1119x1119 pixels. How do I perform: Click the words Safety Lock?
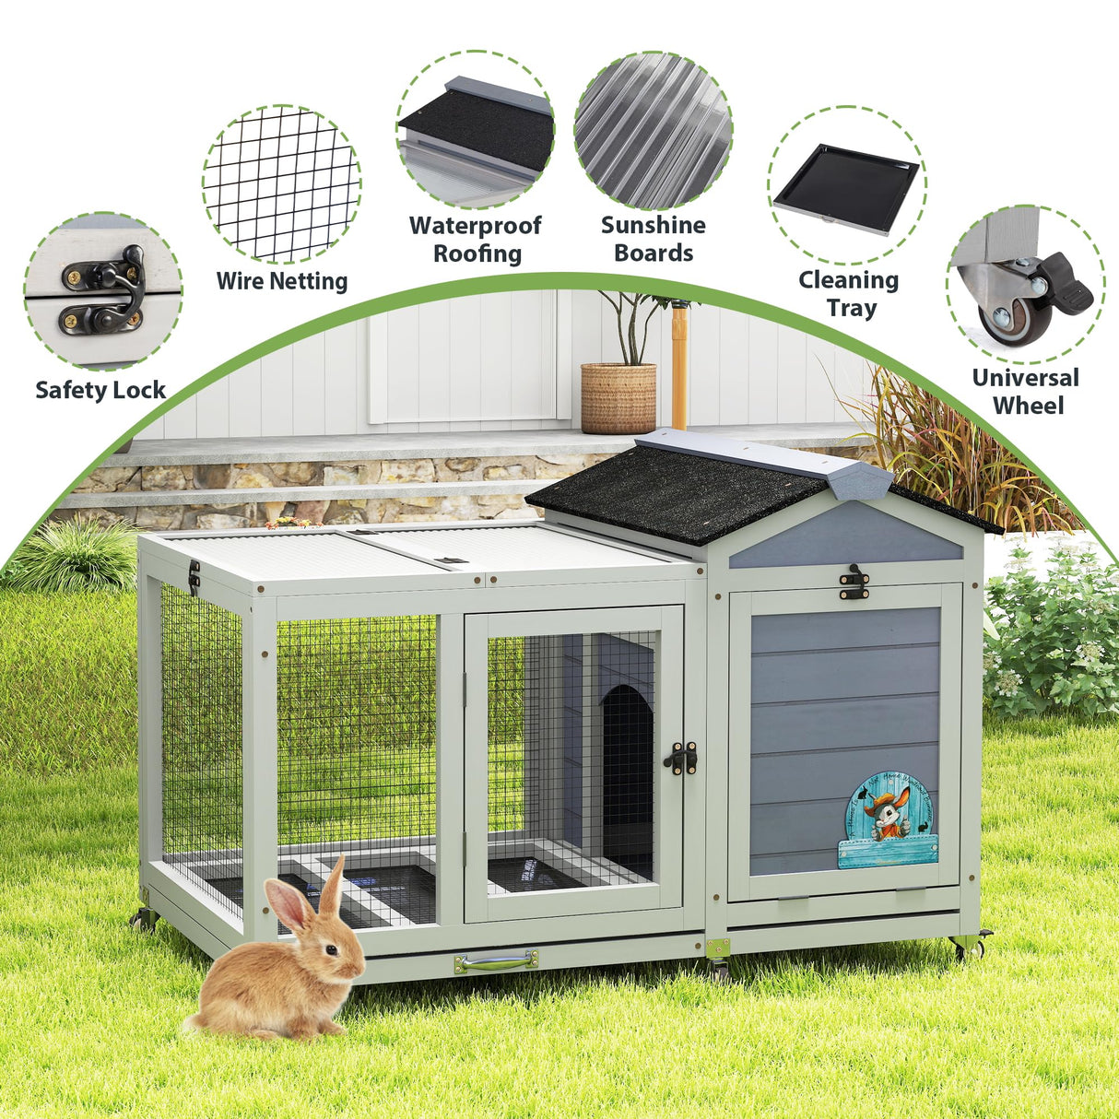point(100,390)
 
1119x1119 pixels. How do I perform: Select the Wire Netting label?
point(282,281)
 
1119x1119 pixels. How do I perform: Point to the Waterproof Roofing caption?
point(476,239)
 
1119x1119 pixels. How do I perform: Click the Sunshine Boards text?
point(654,239)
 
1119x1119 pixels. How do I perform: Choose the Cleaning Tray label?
point(849,293)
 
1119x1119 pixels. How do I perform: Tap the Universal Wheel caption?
point(1025,391)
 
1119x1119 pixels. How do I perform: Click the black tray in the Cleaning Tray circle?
point(847,187)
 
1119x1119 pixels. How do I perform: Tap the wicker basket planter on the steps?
point(618,398)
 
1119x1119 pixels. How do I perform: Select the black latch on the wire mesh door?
point(681,757)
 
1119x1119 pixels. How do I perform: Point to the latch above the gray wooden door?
point(856,581)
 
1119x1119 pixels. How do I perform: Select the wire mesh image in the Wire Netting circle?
point(281,184)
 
